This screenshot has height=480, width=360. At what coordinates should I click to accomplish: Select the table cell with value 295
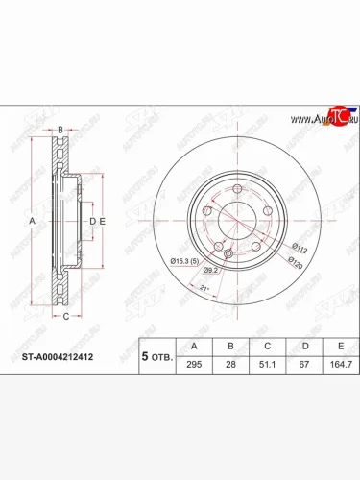tap(196, 365)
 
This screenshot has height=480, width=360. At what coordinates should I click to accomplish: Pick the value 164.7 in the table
tap(336, 365)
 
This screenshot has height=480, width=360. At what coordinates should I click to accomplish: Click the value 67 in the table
tap(304, 365)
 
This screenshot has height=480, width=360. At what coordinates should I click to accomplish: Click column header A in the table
tap(196, 346)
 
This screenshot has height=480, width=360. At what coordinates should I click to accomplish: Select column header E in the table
tap(336, 346)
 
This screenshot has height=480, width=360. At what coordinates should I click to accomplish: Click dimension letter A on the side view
tap(32, 221)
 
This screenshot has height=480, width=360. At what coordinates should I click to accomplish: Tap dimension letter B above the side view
tap(60, 131)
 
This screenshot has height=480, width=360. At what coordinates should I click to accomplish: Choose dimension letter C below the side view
tap(65, 315)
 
